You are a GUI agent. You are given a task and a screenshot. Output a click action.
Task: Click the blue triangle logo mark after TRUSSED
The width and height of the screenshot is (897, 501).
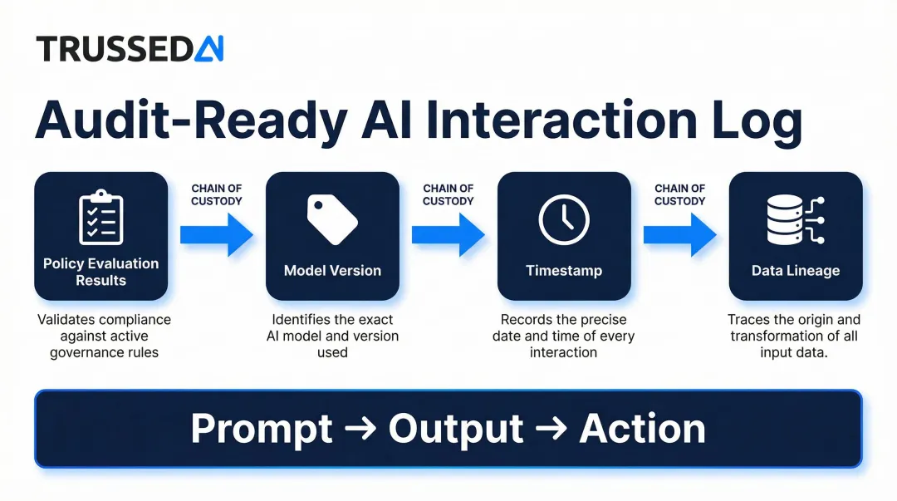[x=209, y=49]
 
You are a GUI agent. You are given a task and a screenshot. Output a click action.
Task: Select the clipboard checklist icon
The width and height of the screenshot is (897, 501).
[x=100, y=218]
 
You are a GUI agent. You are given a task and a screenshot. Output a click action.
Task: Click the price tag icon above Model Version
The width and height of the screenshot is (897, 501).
[x=332, y=219]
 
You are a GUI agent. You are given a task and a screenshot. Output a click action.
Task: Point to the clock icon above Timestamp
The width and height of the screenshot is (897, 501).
[x=564, y=220]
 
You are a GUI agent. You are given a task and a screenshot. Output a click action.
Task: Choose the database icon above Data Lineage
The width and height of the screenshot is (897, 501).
[x=795, y=219]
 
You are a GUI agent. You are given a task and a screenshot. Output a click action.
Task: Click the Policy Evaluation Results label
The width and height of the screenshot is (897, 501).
[x=100, y=272]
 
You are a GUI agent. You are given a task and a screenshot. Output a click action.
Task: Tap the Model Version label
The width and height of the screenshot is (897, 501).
[x=332, y=271]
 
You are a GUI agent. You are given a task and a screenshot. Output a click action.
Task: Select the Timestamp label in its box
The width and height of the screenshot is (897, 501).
[x=564, y=271]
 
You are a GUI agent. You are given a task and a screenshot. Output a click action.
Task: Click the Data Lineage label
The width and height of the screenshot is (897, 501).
[x=795, y=271]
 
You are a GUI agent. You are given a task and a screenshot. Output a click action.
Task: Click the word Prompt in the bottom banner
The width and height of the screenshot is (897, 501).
[x=262, y=430]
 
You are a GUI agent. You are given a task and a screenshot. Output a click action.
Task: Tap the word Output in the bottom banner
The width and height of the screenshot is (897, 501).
[x=456, y=430]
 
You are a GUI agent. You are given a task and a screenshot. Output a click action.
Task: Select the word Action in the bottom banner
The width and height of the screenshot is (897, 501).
[x=642, y=430]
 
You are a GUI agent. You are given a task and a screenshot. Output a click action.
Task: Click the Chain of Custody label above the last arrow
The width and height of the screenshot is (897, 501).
[x=679, y=194]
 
